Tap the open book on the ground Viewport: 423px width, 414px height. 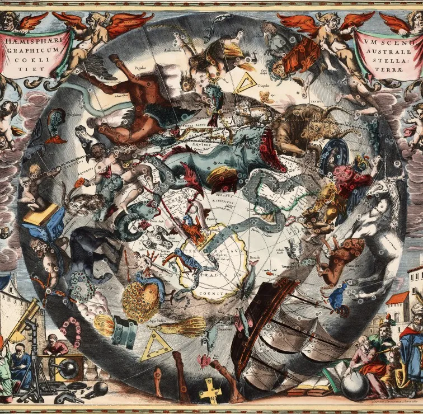coord(314,386)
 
